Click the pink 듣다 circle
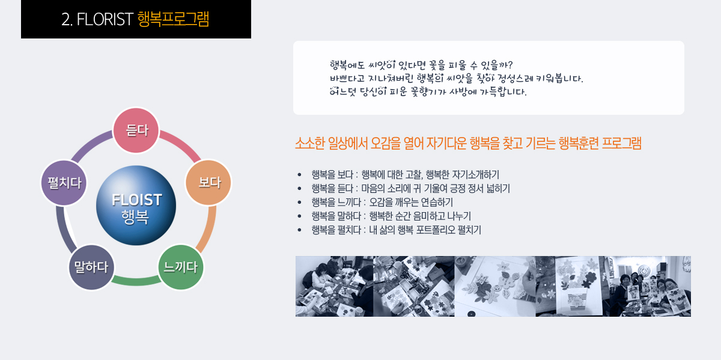[136, 130]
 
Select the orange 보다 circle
[208, 183]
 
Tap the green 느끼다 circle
[181, 267]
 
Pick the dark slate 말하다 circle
[92, 267]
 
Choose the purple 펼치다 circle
[64, 183]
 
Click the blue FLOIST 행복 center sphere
[136, 206]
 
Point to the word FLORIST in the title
[105, 19]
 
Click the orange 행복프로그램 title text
[173, 19]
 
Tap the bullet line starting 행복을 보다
[405, 174]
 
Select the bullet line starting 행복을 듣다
[410, 188]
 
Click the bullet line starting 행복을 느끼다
[382, 202]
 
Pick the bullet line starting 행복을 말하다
[391, 216]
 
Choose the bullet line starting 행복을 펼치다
[396, 230]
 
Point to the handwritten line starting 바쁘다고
[457, 78]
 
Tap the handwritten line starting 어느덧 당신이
[428, 92]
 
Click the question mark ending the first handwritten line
[510, 65]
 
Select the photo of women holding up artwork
[647, 286]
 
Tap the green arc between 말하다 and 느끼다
[136, 281]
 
